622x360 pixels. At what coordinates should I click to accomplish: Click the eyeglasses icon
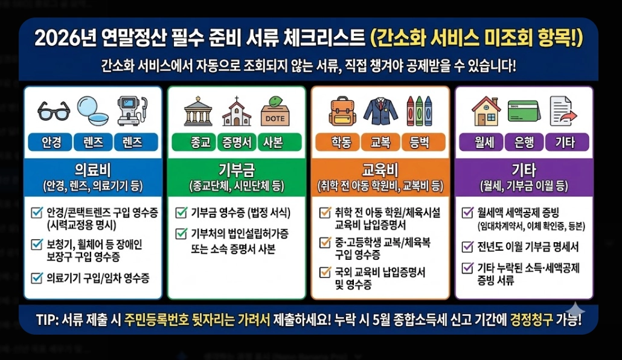(x=54, y=111)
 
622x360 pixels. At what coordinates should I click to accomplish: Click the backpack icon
(x=342, y=111)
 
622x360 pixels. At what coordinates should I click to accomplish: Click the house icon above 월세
(x=486, y=111)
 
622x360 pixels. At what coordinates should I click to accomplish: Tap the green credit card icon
(x=524, y=111)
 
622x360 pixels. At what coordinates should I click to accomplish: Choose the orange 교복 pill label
(x=380, y=143)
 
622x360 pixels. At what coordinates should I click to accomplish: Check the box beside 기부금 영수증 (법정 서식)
(x=181, y=213)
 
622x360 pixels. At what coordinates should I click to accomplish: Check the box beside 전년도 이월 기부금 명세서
(x=467, y=247)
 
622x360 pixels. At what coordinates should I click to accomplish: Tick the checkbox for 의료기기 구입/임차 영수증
(x=36, y=278)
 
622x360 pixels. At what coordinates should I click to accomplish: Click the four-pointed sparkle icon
(x=576, y=310)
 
